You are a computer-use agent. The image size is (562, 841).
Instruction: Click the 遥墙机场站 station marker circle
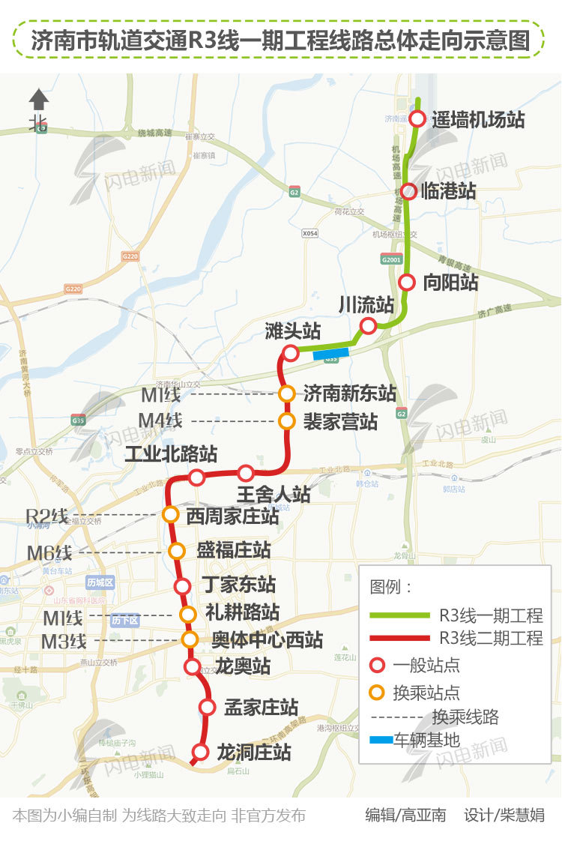coord(417,118)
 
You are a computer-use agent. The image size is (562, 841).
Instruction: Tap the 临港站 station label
coord(448,190)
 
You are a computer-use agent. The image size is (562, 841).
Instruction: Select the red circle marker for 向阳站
coord(406,283)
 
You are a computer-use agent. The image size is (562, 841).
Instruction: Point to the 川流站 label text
coord(366,304)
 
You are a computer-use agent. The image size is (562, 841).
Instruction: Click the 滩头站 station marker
coord(291,352)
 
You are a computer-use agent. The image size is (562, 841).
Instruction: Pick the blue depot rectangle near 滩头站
coord(331,354)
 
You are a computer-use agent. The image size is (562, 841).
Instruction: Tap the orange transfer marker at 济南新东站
coord(286,394)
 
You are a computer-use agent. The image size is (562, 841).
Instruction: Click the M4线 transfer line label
coord(161,420)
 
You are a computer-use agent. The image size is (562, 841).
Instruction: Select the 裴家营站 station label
coord(341,420)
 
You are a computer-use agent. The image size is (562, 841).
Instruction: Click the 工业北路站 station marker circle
coord(196,477)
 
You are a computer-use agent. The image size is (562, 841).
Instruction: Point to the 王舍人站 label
coord(274,494)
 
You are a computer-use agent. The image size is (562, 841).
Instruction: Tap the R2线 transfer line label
coord(46,516)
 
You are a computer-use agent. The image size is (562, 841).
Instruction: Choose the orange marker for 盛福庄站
coord(177,551)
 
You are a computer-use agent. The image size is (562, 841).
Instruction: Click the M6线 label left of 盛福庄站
coord(49,553)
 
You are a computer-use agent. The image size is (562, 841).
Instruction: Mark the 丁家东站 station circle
coord(182,586)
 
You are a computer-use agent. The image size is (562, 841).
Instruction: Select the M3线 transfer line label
coord(64,641)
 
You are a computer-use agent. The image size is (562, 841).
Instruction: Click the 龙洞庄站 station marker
coord(200,752)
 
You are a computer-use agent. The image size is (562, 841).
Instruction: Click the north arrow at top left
coord(39,100)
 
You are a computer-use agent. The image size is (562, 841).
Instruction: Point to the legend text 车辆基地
coord(426,741)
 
